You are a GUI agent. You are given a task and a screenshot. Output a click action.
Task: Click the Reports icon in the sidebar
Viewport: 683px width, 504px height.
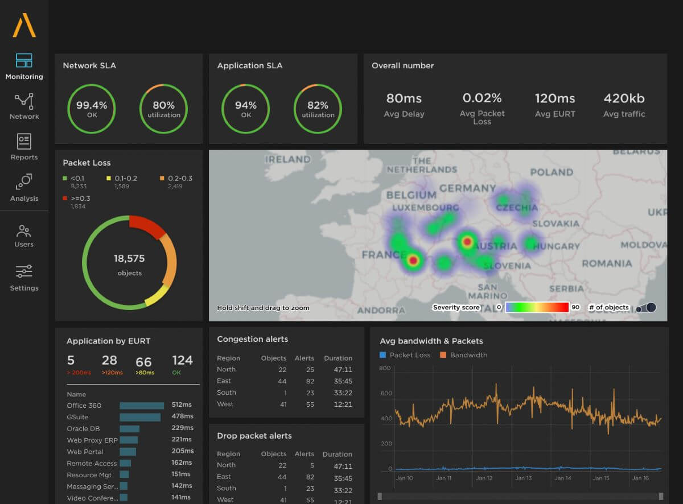click(24, 141)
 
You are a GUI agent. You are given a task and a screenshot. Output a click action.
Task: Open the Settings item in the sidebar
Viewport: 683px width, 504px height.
click(24, 271)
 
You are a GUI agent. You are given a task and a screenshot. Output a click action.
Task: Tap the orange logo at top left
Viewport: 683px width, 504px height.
click(24, 26)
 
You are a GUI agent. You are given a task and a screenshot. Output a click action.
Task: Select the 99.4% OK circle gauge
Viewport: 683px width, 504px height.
click(91, 108)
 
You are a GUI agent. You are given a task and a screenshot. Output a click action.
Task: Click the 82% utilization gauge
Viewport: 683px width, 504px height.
click(318, 108)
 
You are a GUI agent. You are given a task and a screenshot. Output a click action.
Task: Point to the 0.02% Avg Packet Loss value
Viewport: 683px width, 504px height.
click(482, 98)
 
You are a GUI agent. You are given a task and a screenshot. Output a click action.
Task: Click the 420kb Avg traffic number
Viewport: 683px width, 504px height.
click(624, 98)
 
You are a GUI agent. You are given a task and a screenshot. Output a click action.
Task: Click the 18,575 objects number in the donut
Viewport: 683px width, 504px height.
click(129, 259)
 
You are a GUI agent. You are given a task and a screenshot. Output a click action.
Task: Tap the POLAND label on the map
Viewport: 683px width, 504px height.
click(551, 172)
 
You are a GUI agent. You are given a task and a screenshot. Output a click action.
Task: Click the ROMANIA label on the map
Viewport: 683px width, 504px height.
click(606, 263)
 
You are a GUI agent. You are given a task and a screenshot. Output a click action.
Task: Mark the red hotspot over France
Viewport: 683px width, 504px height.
click(414, 261)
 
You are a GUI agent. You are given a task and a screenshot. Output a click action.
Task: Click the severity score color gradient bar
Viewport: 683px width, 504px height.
click(537, 307)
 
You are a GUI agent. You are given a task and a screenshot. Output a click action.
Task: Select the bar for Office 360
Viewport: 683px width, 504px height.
click(142, 406)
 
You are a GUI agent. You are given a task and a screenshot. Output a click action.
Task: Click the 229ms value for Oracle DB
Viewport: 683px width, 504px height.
click(182, 428)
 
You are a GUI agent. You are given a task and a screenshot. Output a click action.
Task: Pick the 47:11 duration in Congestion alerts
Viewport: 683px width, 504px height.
click(343, 370)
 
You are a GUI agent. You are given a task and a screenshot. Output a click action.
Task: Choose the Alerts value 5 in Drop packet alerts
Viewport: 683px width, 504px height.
click(310, 465)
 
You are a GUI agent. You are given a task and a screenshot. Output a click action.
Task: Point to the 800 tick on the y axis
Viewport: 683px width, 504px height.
click(385, 368)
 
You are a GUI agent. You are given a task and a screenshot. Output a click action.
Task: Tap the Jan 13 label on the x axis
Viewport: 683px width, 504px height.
click(523, 478)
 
